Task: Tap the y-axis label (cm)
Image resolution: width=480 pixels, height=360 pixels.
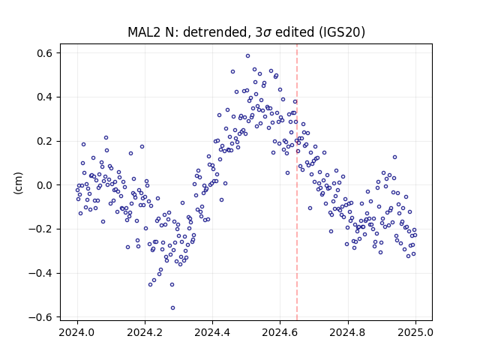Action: click(18, 183)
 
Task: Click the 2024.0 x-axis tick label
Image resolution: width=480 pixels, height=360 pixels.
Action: click(77, 332)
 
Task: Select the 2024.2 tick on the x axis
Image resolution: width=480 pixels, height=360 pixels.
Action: click(145, 332)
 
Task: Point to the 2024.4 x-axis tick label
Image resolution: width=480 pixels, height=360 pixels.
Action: click(212, 332)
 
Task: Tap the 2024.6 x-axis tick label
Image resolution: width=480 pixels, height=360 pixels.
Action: click(280, 332)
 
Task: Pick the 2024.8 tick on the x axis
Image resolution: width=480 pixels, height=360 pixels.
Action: click(348, 332)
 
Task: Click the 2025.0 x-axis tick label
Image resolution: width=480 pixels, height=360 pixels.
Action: click(415, 332)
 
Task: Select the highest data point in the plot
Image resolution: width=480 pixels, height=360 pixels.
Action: click(248, 56)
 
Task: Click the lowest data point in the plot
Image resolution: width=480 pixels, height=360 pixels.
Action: click(173, 308)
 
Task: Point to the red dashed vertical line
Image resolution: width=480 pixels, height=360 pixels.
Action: click(297, 182)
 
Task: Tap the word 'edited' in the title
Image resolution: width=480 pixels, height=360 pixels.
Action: click(295, 32)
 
